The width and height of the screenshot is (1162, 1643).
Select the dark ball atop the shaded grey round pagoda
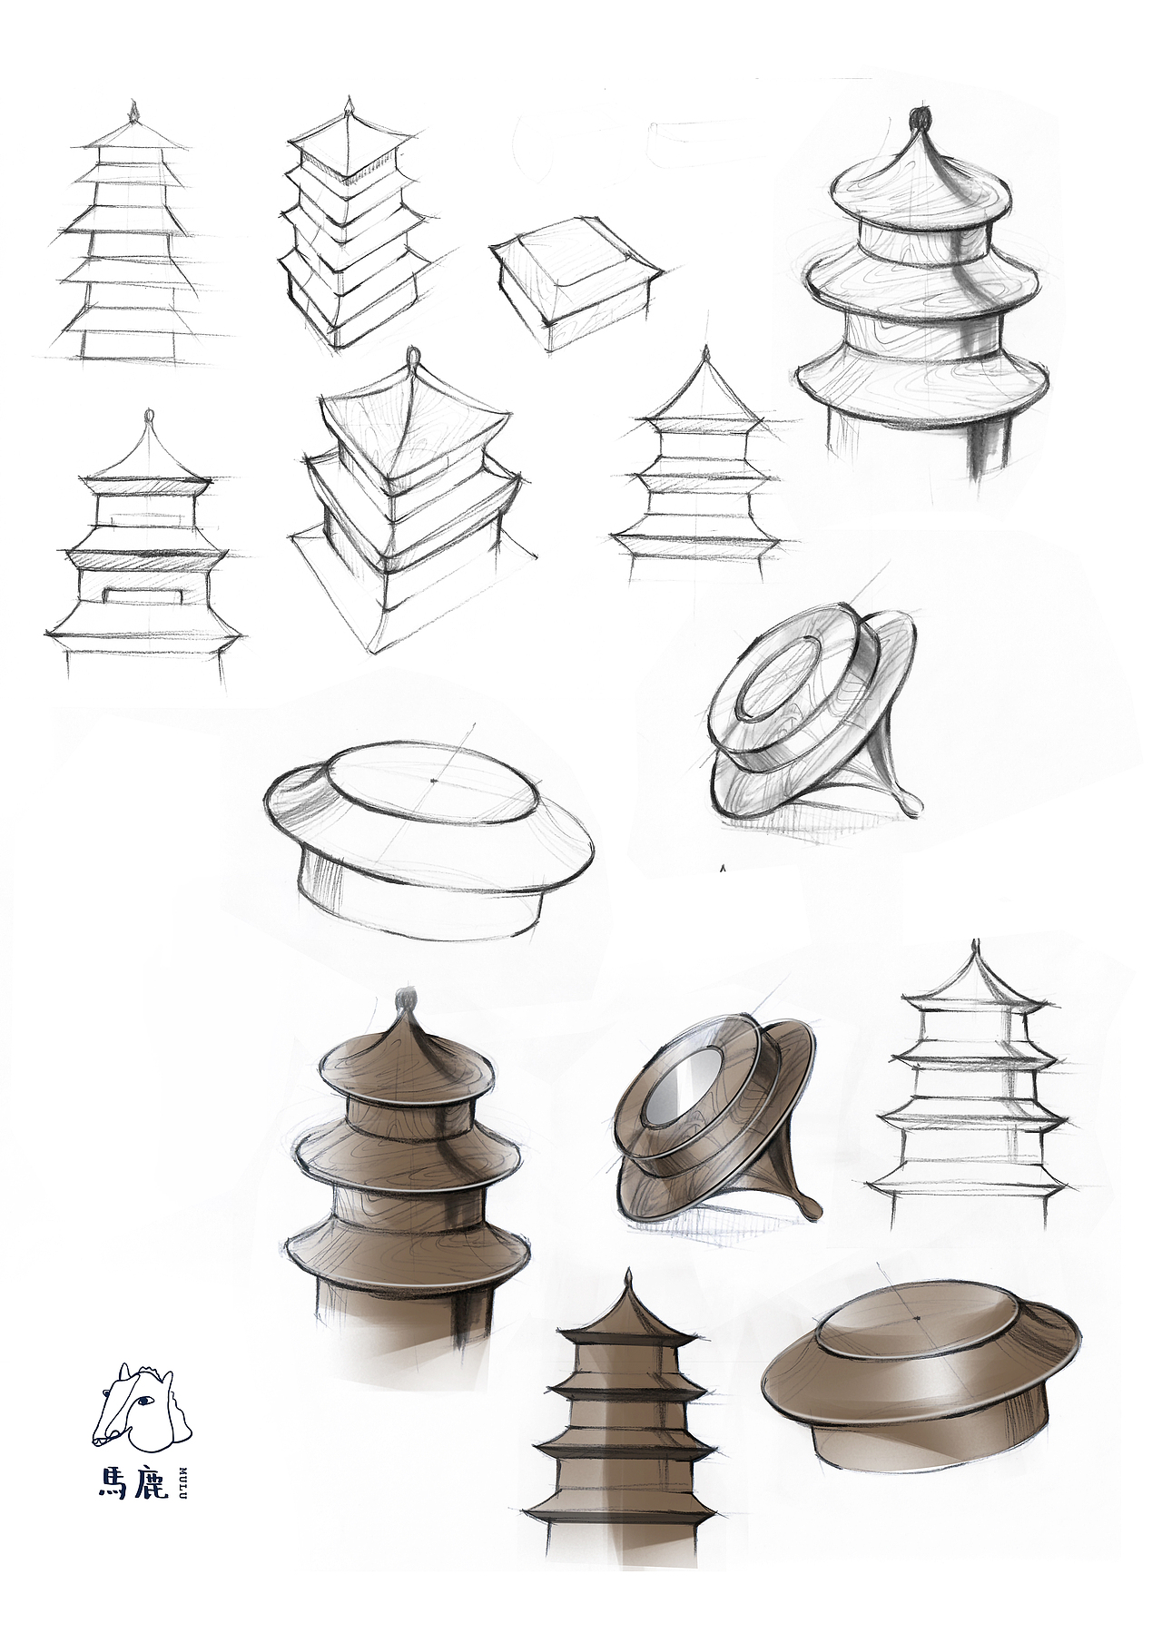(x=921, y=118)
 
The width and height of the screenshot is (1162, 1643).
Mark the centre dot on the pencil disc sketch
(x=435, y=780)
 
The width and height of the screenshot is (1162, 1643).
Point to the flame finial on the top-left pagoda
(x=135, y=113)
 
